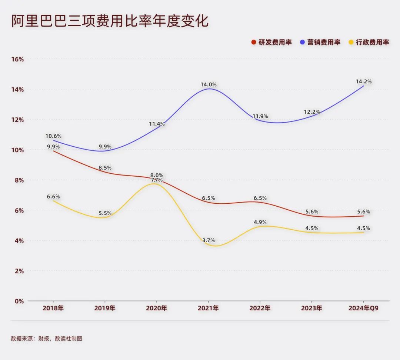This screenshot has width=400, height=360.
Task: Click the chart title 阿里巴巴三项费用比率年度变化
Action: [110, 21]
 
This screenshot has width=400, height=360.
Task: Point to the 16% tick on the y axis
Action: [17, 59]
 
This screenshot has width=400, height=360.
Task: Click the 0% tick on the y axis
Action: [19, 301]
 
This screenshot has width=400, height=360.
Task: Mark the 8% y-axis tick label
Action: [19, 180]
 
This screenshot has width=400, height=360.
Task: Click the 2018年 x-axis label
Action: [53, 308]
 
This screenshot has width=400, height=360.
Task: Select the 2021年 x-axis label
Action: [208, 308]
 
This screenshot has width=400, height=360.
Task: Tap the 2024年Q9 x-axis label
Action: [363, 308]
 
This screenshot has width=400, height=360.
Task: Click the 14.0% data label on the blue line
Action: [209, 84]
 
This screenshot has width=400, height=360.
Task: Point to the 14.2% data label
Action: [363, 81]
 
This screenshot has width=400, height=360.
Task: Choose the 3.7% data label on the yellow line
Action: [209, 240]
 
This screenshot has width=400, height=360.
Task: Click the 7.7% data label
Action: [157, 180]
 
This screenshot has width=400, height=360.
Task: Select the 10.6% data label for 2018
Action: [54, 136]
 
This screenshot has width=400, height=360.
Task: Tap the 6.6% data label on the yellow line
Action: [53, 196]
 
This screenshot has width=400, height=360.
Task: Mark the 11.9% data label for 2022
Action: [260, 116]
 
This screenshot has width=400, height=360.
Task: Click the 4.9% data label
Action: [260, 222]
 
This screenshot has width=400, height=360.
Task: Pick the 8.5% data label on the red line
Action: [105, 168]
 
